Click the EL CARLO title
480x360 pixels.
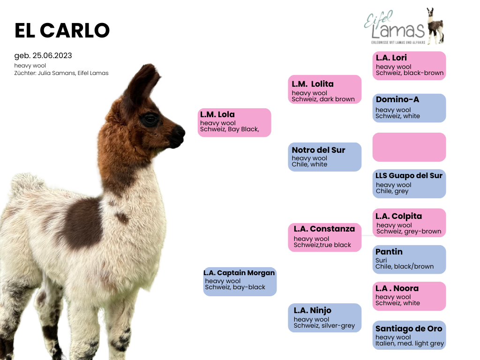(x=62, y=30)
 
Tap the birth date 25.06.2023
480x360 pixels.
(x=52, y=55)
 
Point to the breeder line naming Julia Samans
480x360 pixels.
(x=61, y=73)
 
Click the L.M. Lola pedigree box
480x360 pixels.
(x=234, y=122)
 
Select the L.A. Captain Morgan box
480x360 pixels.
(x=240, y=282)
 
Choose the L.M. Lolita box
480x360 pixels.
(x=324, y=90)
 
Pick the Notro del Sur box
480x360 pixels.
(x=324, y=157)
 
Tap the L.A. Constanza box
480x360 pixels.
(x=324, y=238)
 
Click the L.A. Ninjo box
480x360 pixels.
(x=324, y=318)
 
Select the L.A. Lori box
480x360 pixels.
(x=409, y=66)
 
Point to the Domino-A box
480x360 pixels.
(x=409, y=108)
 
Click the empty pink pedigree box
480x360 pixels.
(x=409, y=147)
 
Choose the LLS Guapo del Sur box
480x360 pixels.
(x=409, y=184)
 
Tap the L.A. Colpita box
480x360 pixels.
(x=409, y=223)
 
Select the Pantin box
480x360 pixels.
(x=409, y=259)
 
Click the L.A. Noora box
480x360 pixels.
(x=409, y=296)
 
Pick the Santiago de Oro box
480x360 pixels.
(x=409, y=335)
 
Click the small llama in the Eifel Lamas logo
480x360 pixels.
(x=435, y=26)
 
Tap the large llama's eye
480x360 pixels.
(x=150, y=120)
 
